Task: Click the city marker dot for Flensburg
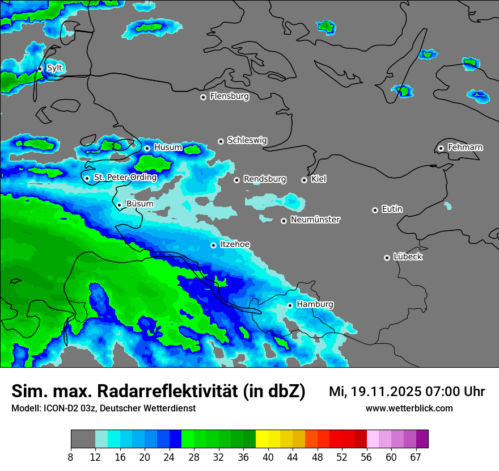point(203,97)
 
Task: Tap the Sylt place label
point(54,68)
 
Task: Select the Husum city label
point(168,148)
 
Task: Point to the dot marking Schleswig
point(221,141)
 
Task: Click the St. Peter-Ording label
point(125,178)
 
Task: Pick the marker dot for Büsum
point(119,205)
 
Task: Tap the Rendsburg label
point(265,179)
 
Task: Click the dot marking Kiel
point(304,180)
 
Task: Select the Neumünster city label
point(315,220)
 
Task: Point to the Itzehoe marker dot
point(213,245)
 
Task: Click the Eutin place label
point(392,209)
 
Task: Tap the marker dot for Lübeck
point(387,258)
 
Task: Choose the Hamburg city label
point(315,305)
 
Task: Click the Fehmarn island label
point(465,148)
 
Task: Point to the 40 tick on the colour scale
point(268,457)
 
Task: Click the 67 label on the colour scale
point(416,457)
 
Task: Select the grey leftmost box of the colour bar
point(83,439)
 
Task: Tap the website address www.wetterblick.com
point(409,408)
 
